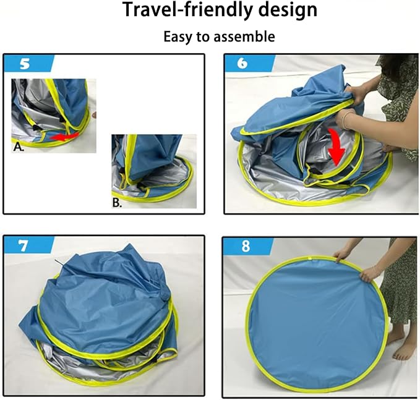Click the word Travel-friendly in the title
(x=186, y=10)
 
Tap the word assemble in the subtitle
(x=244, y=36)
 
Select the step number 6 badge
(x=249, y=63)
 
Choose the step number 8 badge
(x=248, y=246)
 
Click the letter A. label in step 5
(x=18, y=147)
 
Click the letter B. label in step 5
(x=117, y=203)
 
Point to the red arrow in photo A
(x=64, y=137)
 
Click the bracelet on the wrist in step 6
(x=346, y=120)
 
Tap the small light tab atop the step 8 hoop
(x=310, y=258)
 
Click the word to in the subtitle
(x=202, y=36)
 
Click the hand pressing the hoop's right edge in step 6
(x=389, y=149)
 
